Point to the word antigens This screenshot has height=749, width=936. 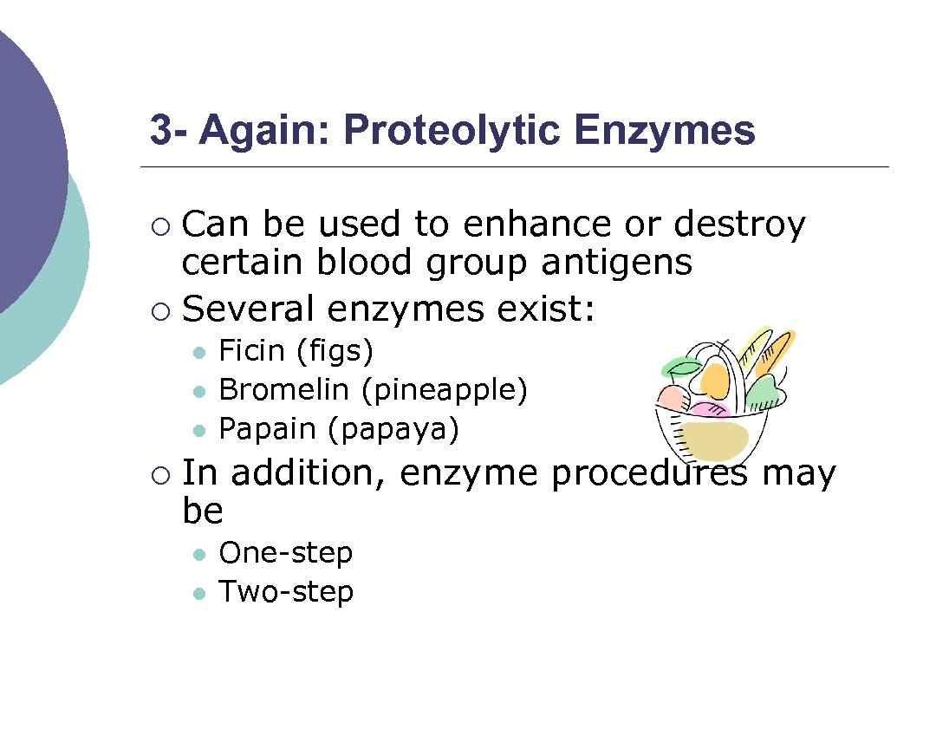(x=617, y=263)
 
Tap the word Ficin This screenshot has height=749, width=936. (x=251, y=351)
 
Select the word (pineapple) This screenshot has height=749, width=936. (x=444, y=391)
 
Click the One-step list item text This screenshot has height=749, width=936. (x=286, y=553)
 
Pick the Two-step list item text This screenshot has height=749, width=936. (x=286, y=592)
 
